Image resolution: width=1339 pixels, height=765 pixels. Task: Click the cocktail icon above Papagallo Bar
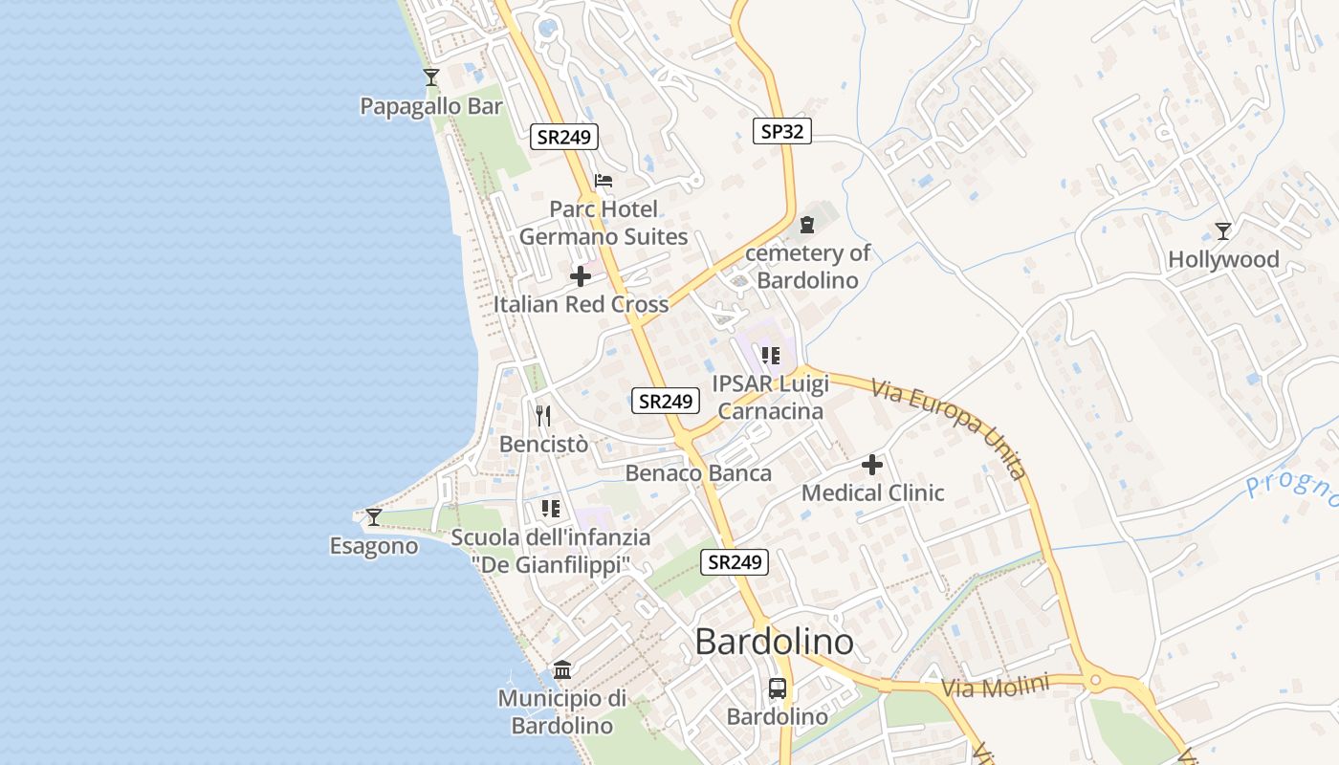pos(431,77)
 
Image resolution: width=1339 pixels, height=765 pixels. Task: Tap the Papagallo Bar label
pos(431,106)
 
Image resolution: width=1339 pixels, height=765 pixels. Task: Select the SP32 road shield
pos(781,132)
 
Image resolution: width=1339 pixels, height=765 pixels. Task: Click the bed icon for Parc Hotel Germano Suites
pos(604,180)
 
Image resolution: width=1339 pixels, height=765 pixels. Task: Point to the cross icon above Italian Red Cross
pos(581,277)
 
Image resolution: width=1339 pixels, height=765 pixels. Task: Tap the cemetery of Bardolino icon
pos(807,226)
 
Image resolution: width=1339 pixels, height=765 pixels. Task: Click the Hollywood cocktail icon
pos(1223,231)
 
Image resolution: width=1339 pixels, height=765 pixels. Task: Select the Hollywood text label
pos(1223,259)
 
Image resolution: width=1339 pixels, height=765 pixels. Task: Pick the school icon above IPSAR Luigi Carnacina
pos(771,357)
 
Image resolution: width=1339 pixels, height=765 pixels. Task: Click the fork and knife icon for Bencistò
pos(543,416)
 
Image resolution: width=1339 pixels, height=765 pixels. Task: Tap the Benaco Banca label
pos(698,472)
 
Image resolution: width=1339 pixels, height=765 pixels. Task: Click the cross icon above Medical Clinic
pos(872,466)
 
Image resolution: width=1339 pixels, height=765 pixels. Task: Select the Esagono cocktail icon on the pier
pos(374,517)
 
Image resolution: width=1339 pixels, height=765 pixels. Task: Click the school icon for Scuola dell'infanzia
pos(550,509)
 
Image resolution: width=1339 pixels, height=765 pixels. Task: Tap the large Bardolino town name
pos(775,641)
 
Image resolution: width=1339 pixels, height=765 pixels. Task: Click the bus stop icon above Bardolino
pos(778,688)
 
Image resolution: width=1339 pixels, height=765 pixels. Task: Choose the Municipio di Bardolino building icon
pos(562,669)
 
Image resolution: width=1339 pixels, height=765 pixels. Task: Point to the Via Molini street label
pos(995,687)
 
